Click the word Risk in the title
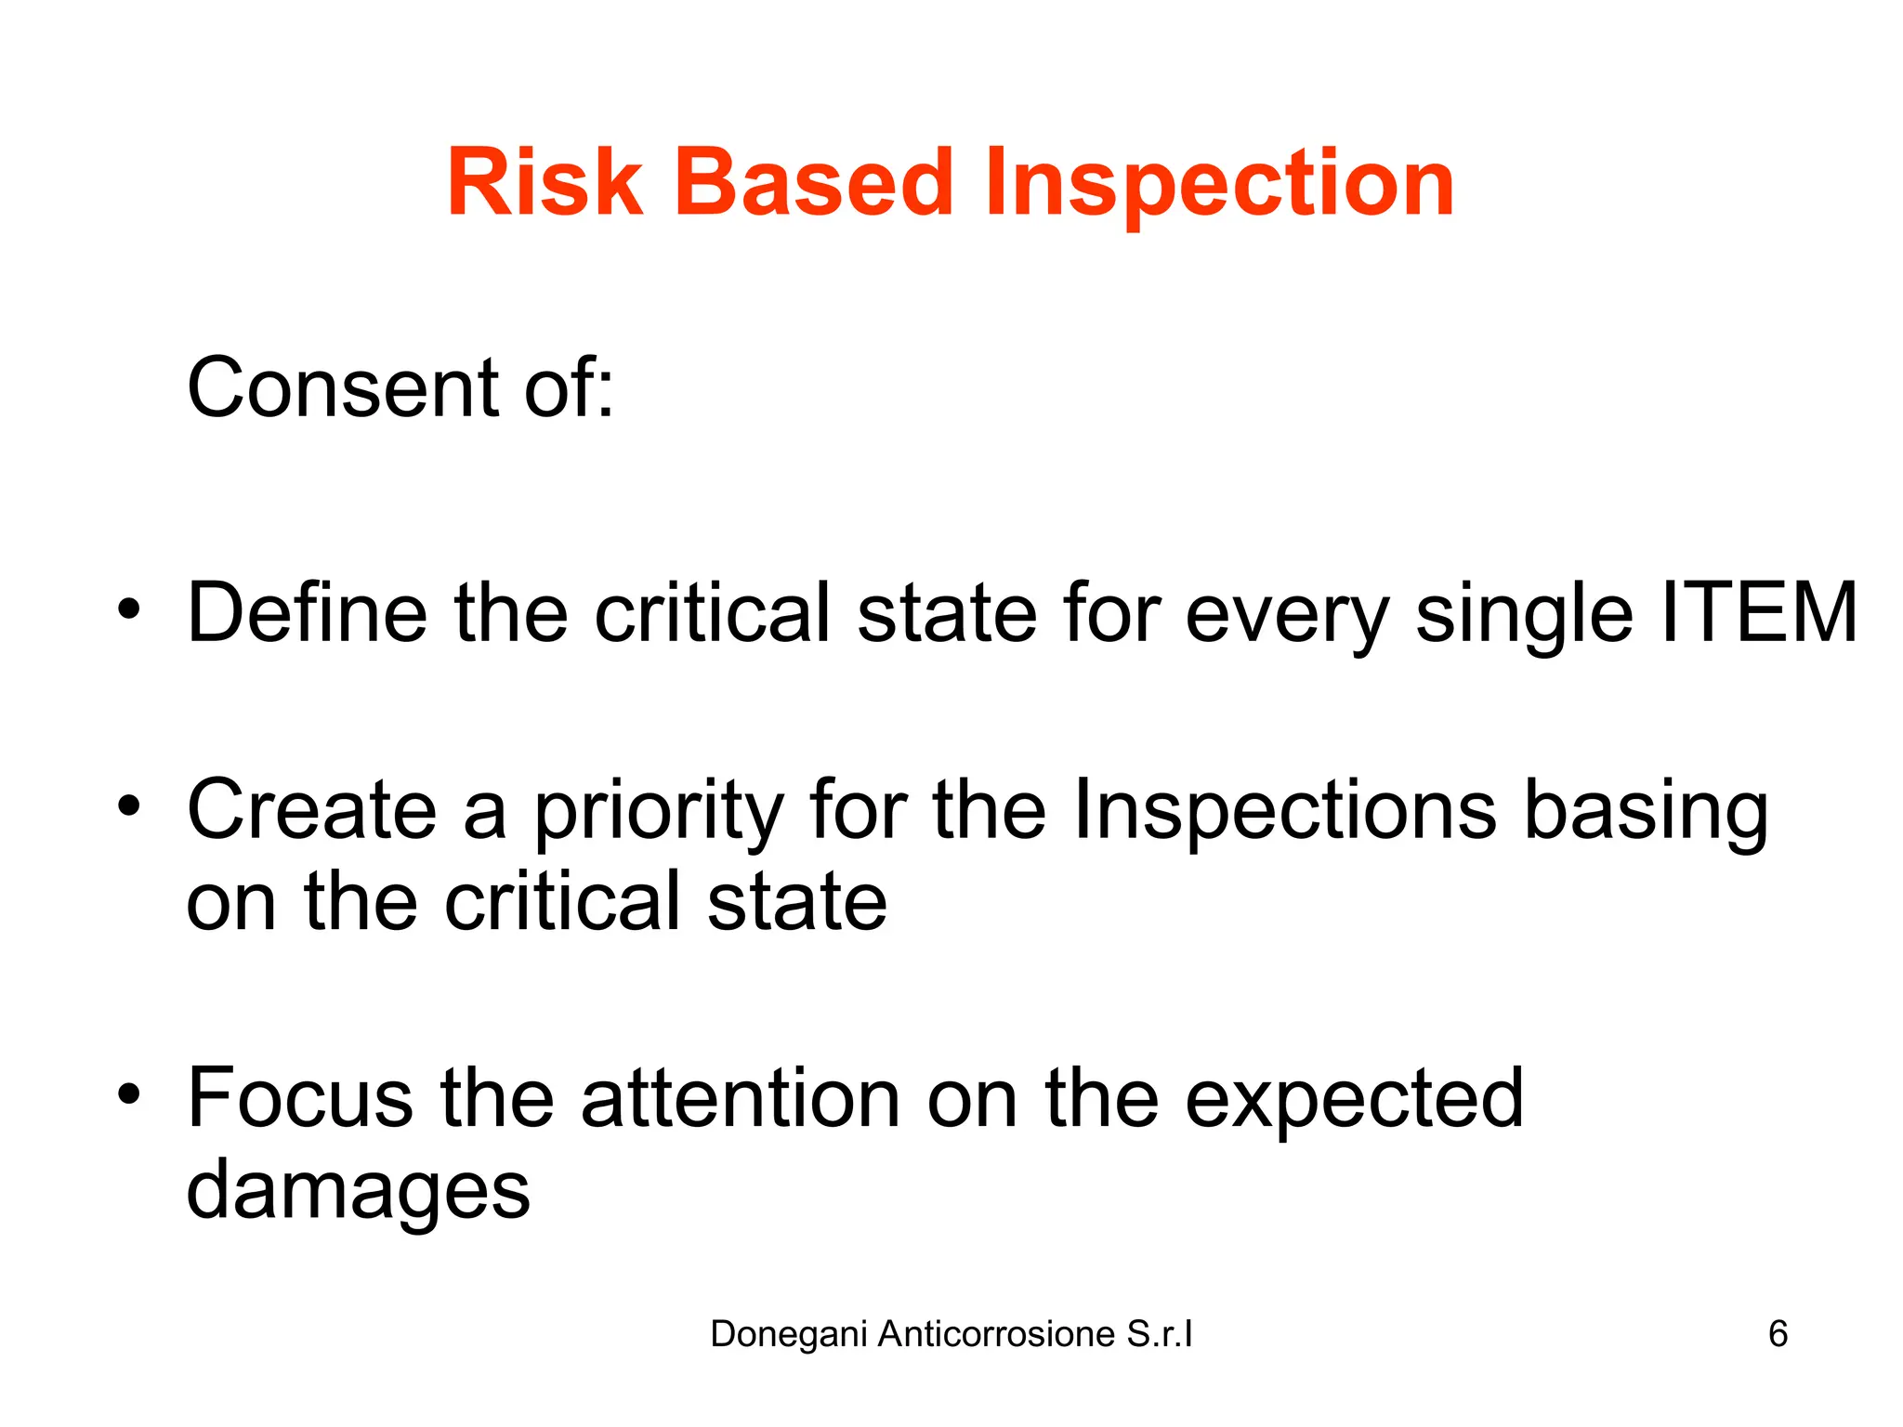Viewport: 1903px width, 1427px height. [545, 183]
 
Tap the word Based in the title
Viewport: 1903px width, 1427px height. [813, 183]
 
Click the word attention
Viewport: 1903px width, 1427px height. [741, 1098]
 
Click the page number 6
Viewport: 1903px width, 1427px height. [1778, 1334]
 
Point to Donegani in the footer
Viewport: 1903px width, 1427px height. [789, 1335]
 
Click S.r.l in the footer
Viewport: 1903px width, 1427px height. [1159, 1334]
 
